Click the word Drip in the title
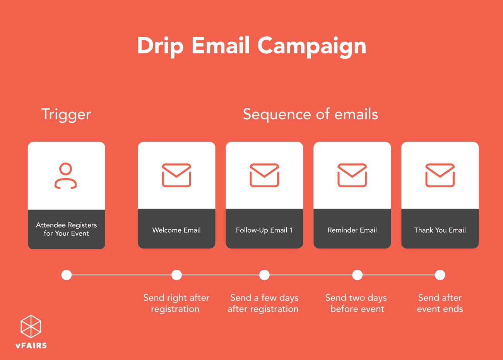click(160, 46)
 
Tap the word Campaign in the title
click(311, 46)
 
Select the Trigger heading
click(66, 114)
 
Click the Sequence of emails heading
click(310, 114)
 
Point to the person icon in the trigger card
click(66, 176)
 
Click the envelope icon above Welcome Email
click(176, 175)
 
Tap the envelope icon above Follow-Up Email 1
click(264, 175)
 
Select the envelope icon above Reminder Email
click(352, 175)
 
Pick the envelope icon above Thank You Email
click(440, 175)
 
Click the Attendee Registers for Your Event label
click(67, 229)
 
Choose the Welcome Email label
click(176, 230)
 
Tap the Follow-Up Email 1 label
click(264, 230)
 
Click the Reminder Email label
click(352, 230)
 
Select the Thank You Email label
click(440, 230)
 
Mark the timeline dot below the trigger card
click(67, 275)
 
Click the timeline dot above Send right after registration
click(176, 275)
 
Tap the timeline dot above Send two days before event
click(357, 275)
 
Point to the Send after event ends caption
click(440, 303)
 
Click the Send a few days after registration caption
click(263, 303)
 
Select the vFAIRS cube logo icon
click(31, 326)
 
